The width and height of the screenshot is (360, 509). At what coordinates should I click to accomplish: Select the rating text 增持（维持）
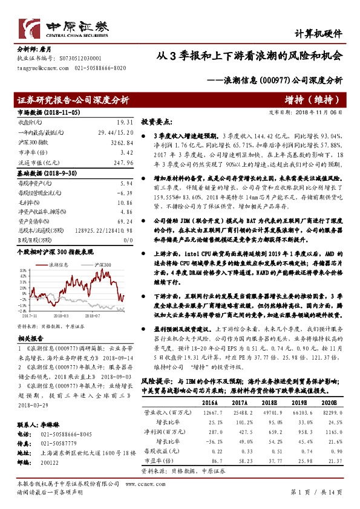pos(308,100)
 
